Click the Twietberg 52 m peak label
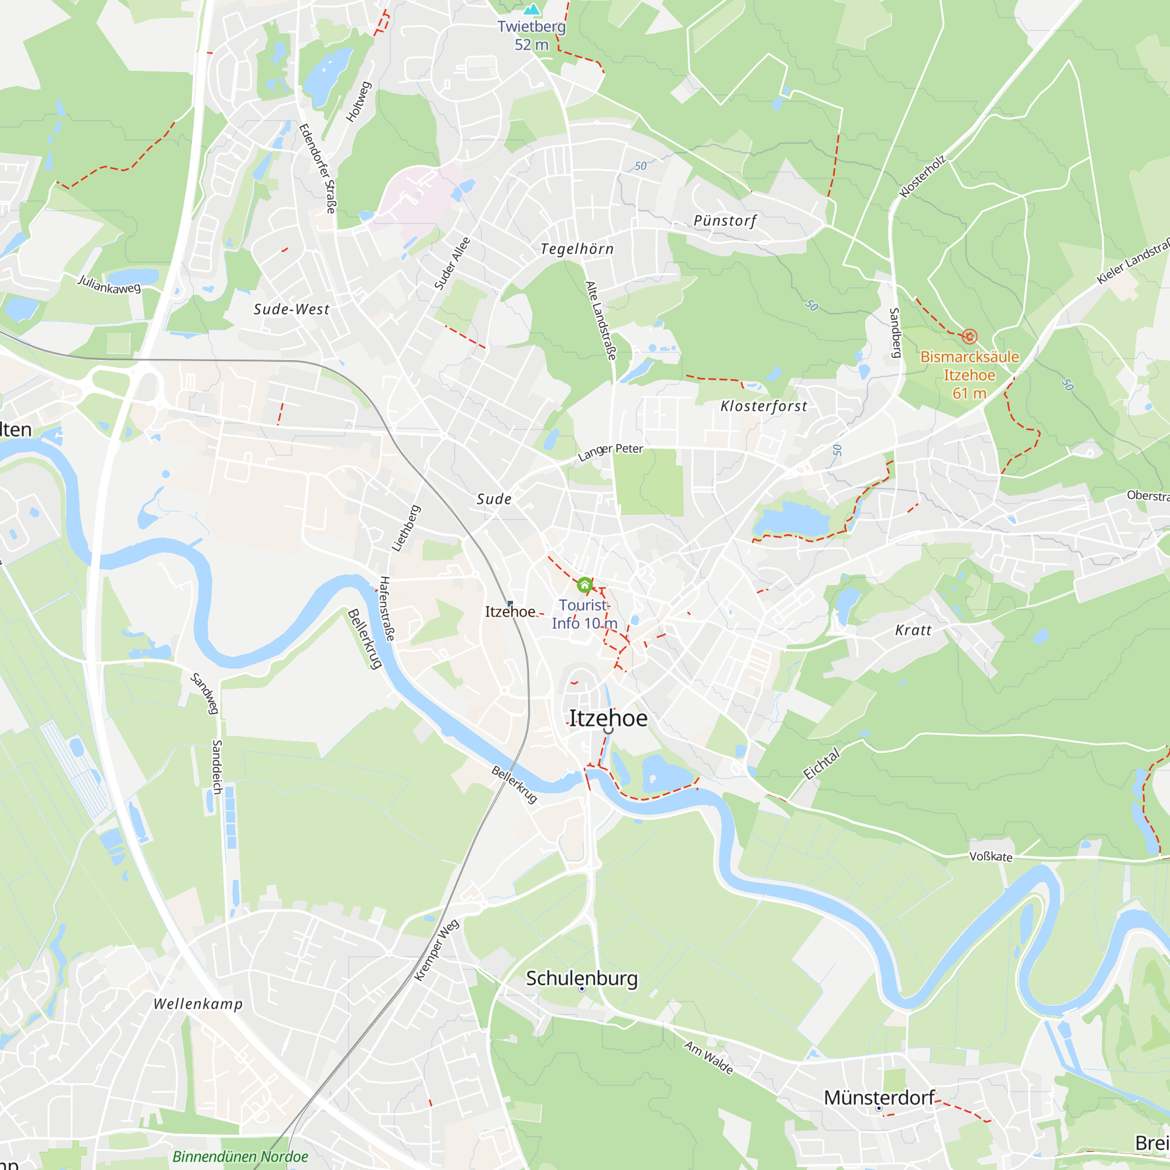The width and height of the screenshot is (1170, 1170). click(531, 35)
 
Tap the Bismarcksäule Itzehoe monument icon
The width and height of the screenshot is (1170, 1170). click(969, 336)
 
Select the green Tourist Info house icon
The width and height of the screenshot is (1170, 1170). click(584, 585)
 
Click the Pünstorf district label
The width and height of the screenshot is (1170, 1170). click(725, 221)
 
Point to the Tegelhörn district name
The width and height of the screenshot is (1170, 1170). click(577, 249)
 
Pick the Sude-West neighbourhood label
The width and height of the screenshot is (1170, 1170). click(291, 309)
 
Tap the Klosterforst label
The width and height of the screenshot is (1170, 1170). click(763, 407)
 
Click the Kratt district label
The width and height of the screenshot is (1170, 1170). click(913, 631)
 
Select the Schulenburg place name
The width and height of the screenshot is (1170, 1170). click(581, 979)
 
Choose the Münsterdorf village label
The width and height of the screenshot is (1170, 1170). click(879, 1097)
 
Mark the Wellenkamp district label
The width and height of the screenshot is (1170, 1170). click(198, 1004)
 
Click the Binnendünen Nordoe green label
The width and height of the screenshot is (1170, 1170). click(240, 1156)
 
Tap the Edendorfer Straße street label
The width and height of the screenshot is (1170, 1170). click(317, 168)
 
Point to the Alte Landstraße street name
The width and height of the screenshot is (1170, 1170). click(600, 321)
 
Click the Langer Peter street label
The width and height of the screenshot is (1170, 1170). click(610, 451)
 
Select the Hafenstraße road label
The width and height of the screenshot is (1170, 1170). click(386, 608)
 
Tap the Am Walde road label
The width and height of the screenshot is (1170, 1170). click(708, 1057)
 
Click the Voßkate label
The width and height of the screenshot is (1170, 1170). click(991, 856)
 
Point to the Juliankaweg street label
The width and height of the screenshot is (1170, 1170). click(109, 284)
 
